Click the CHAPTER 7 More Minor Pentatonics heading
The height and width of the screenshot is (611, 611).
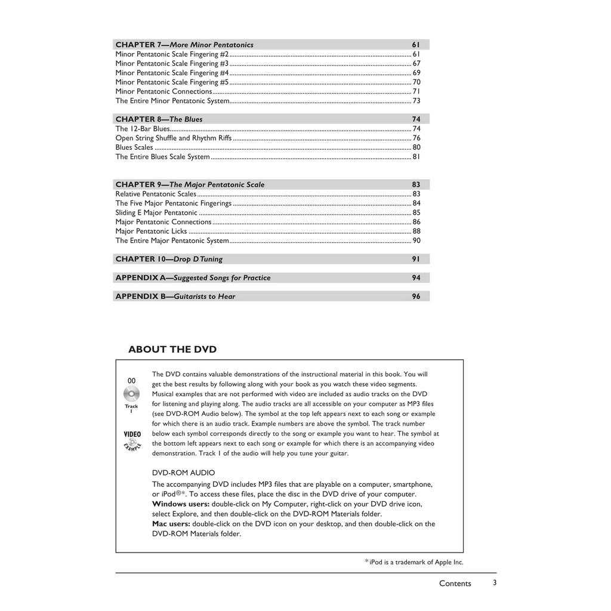tap(184, 45)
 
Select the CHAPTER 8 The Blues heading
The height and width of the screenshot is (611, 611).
tap(159, 119)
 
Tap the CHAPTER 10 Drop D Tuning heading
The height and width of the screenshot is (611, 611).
tap(169, 259)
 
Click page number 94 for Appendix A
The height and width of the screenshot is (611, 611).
tap(416, 277)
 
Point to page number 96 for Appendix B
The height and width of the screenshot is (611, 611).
tap(416, 297)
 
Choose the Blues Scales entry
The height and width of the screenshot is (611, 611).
tap(134, 147)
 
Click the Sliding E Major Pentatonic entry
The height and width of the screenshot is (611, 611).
tap(156, 212)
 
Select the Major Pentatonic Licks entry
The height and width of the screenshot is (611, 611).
tap(151, 231)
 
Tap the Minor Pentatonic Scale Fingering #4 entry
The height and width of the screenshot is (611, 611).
tap(172, 73)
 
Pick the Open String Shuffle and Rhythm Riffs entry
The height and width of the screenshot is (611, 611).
tap(174, 138)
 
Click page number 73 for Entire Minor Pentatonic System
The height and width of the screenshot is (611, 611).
tap(416, 101)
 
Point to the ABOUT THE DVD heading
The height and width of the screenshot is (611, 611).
tap(172, 350)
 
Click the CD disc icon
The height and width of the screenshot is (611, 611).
tap(131, 394)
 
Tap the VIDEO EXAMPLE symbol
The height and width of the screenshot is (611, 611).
tap(132, 440)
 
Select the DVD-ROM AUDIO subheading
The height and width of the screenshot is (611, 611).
tap(184, 473)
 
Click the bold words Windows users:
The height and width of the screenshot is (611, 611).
tap(181, 504)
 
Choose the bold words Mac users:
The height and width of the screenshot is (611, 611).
tap(171, 524)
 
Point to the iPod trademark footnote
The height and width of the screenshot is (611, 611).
tap(414, 562)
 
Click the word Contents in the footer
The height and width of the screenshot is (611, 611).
tap(455, 584)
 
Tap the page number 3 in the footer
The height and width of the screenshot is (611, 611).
tap(495, 583)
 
